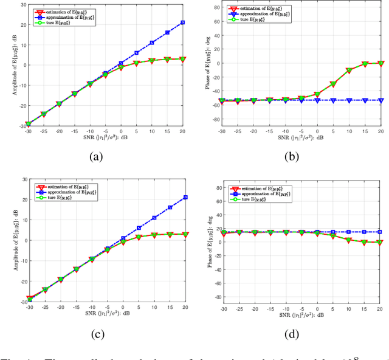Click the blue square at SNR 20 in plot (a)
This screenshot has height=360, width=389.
click(182, 22)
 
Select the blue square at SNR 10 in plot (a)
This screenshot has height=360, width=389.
click(151, 43)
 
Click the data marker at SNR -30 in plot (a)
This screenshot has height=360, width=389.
click(28, 124)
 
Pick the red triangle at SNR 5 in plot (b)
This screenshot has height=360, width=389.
click(332, 85)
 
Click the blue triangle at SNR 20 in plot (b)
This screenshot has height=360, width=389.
click(380, 100)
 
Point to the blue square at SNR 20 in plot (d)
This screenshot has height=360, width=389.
click(380, 232)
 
